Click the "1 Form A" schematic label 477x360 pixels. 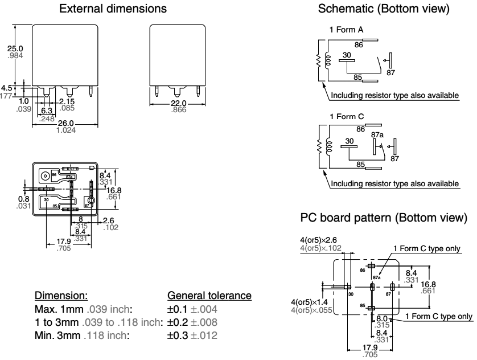coord(342,29)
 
